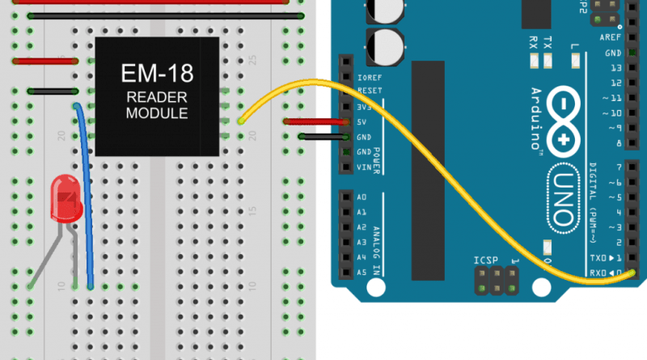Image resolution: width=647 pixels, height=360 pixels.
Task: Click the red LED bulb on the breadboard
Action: pos(66,201)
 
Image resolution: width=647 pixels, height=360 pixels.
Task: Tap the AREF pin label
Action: pos(610,38)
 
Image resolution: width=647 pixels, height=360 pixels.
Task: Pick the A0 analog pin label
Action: pos(362,197)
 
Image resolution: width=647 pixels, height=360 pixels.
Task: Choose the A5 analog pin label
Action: pos(362,272)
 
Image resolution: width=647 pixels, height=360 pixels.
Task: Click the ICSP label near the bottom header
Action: pos(487,260)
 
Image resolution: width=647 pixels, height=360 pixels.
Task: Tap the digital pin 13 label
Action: pos(617,68)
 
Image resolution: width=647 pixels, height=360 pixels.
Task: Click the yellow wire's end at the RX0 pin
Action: pos(632,273)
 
